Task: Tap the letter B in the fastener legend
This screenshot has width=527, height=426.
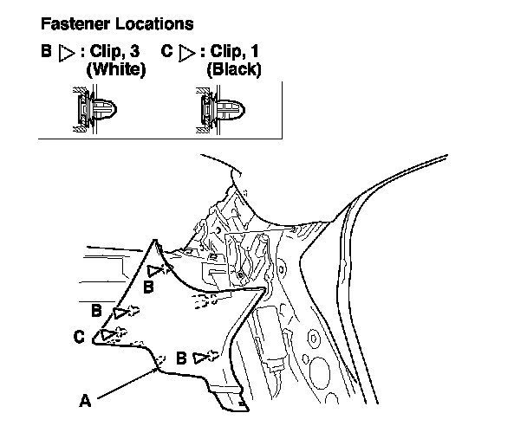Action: pyautogui.click(x=46, y=51)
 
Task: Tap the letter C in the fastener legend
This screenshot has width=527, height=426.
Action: pyautogui.click(x=166, y=51)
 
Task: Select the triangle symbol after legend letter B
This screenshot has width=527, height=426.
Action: pyautogui.click(x=65, y=52)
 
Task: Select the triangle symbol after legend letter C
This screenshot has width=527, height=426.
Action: pyautogui.click(x=185, y=52)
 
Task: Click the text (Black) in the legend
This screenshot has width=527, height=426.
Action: pyautogui.click(x=232, y=69)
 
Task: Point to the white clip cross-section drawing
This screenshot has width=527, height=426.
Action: pyautogui.click(x=94, y=111)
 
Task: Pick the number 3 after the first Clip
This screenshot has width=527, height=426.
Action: pyautogui.click(x=138, y=51)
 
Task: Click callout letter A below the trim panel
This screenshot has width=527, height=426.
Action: pyautogui.click(x=85, y=400)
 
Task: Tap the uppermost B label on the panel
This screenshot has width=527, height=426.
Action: pyautogui.click(x=149, y=285)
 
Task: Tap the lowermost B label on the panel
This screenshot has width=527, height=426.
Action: pyautogui.click(x=181, y=357)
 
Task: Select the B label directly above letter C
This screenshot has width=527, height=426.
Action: pyautogui.click(x=96, y=309)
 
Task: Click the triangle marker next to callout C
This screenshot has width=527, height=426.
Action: pyautogui.click(x=107, y=333)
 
